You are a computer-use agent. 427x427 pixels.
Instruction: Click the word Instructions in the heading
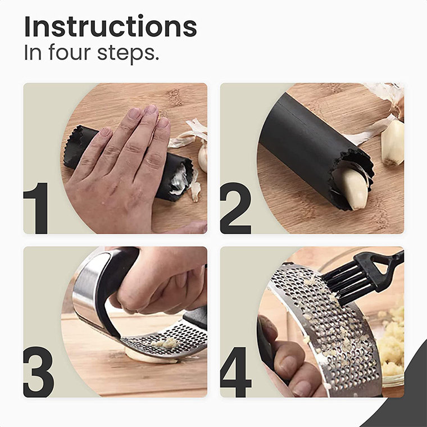[110, 26]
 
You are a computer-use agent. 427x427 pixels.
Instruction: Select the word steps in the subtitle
[126, 53]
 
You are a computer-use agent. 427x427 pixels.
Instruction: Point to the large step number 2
[235, 208]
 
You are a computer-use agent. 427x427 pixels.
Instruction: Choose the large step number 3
[39, 372]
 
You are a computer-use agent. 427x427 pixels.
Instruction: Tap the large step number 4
[236, 372]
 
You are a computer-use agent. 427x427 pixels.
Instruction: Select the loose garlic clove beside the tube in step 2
[392, 142]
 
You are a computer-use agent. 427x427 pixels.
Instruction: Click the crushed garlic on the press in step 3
[166, 343]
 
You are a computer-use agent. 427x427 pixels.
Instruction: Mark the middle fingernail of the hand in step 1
[151, 109]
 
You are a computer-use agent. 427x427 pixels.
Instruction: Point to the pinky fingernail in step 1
[106, 132]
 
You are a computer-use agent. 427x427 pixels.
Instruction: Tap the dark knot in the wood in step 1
[175, 97]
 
